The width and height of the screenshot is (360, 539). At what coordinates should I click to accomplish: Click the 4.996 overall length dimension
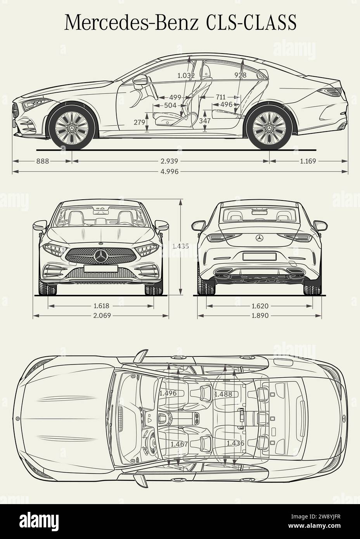(170, 171)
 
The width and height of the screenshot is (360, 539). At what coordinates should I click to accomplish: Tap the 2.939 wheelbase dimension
(170, 161)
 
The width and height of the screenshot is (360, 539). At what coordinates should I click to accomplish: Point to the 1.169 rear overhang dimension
(308, 161)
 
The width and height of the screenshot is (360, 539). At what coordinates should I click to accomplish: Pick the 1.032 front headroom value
(186, 76)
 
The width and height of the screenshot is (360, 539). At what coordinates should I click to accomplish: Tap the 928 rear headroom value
(241, 75)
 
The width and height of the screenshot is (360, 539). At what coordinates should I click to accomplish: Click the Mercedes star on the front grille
(101, 256)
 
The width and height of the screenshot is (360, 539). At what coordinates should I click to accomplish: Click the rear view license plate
(260, 256)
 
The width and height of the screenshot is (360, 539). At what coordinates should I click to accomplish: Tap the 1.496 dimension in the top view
(168, 393)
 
